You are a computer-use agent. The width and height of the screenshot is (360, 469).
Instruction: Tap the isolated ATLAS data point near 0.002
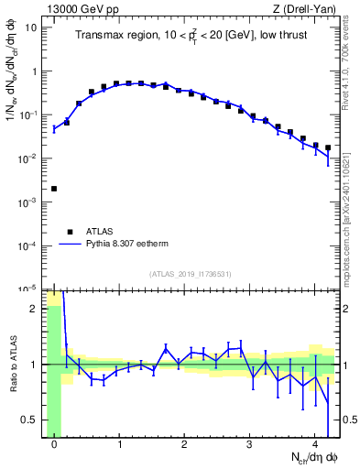tap(54, 189)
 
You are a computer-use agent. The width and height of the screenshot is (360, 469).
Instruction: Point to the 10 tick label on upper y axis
tap(31, 27)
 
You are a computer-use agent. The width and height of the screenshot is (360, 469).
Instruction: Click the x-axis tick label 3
tap(249, 445)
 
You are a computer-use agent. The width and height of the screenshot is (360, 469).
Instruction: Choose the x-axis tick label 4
tap(314, 445)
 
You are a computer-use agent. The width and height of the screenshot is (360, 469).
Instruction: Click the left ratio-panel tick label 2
tap(34, 309)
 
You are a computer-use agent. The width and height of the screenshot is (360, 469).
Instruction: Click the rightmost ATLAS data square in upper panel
tap(327, 147)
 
